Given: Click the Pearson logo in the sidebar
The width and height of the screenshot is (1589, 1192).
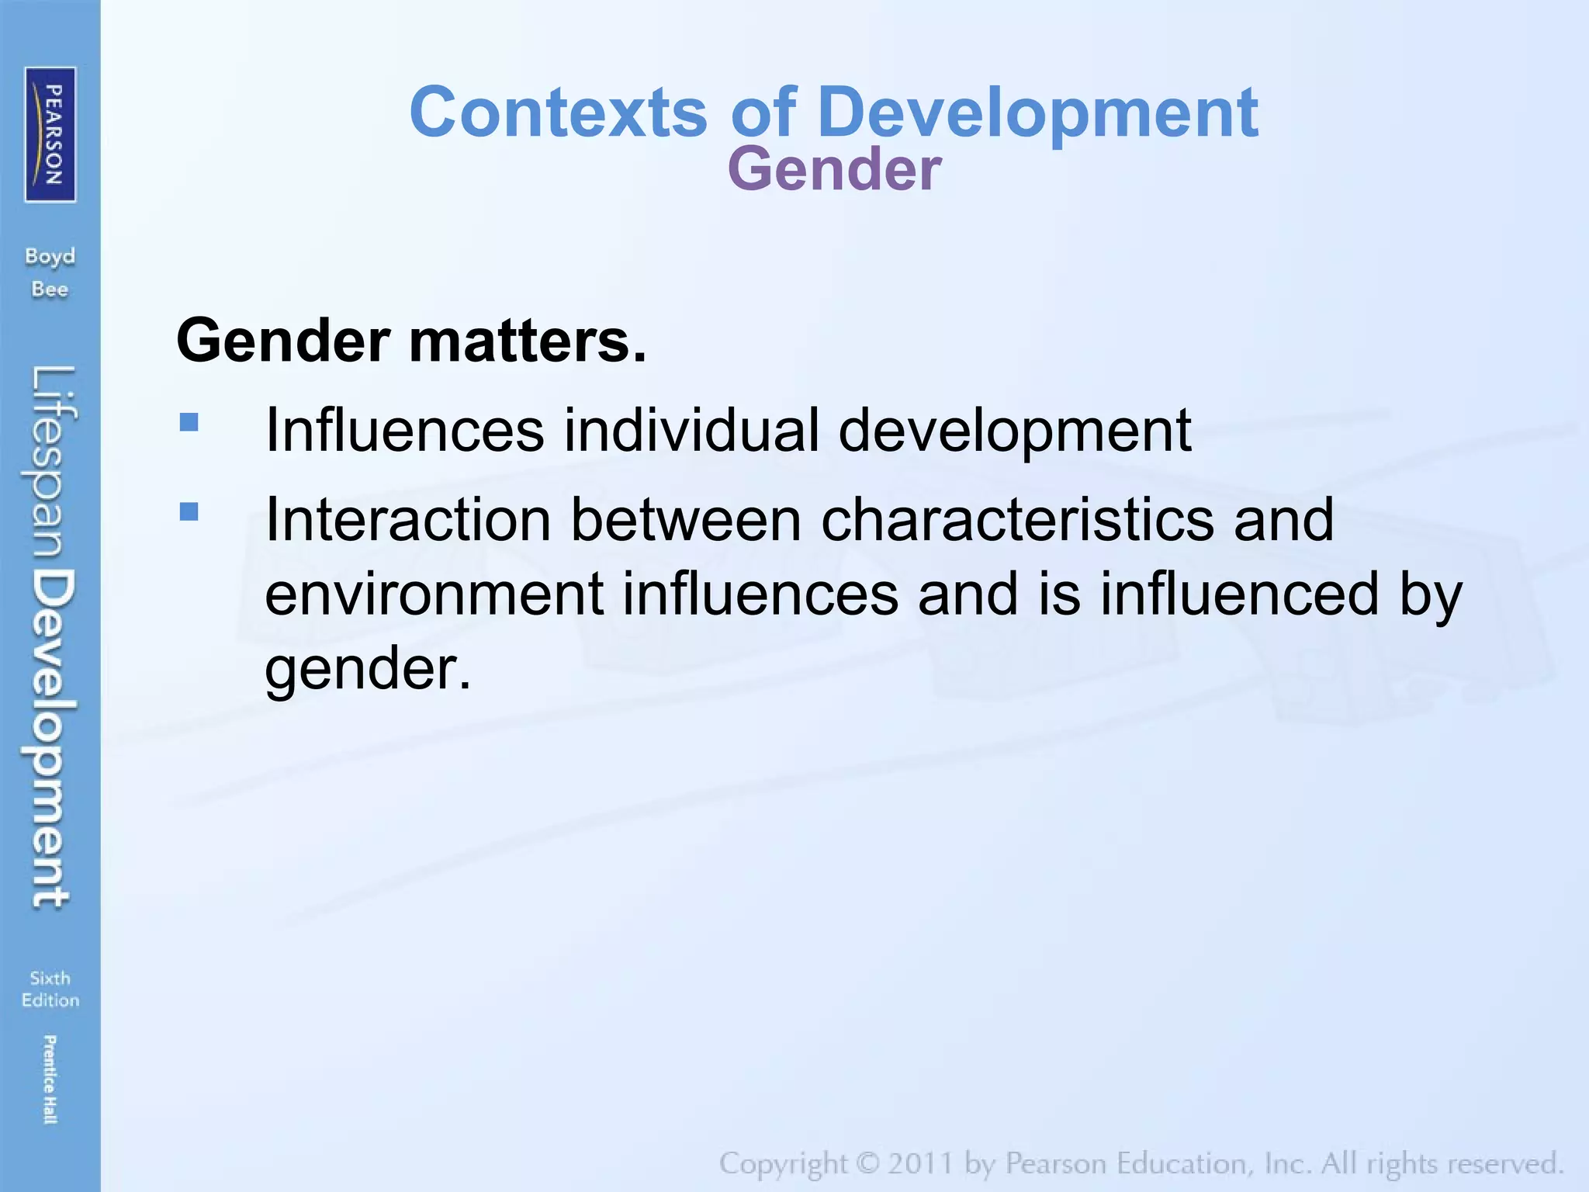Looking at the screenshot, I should [50, 134].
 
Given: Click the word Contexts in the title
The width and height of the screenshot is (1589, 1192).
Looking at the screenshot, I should [558, 113].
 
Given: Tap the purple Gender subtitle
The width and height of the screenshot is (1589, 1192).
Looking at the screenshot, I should [834, 169].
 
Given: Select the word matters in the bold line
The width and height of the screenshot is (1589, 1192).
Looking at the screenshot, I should [527, 341].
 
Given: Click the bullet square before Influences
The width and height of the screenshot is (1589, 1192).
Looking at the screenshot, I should [189, 422].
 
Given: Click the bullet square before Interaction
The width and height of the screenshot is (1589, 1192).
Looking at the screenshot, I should [189, 511].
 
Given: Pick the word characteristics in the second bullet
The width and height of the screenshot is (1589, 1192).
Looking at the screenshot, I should [1017, 519].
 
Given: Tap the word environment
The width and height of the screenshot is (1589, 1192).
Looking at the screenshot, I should [434, 594].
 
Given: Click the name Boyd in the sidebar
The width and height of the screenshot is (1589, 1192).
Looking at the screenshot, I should [50, 257].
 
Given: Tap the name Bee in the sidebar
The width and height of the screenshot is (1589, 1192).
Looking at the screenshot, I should [50, 289].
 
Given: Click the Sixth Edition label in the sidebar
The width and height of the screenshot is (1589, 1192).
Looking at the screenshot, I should [50, 989].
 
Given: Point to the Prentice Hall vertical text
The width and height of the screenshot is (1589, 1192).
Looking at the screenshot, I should [50, 1079].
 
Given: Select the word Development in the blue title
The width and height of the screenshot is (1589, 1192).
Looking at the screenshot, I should [1037, 113].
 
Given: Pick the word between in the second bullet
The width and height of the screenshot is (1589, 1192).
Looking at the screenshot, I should [686, 519].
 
